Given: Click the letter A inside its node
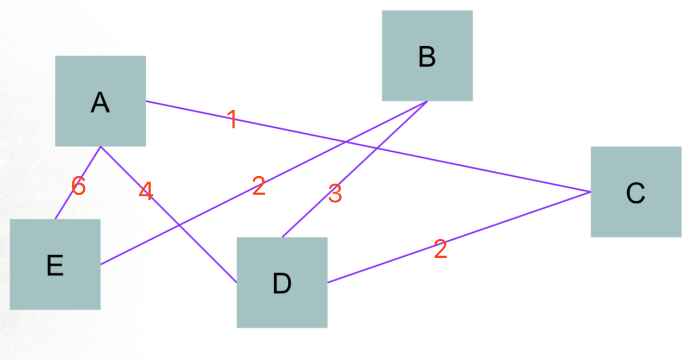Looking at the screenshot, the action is (100, 102).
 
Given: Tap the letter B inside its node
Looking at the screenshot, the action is (427, 57).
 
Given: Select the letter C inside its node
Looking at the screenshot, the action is (635, 193).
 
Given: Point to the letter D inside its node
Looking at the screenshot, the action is (282, 283).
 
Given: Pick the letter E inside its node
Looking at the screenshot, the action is (55, 265).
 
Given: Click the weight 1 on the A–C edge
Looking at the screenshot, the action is (232, 120).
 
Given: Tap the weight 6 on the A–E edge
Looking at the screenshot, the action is (79, 187).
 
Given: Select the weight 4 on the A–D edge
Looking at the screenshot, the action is (146, 191).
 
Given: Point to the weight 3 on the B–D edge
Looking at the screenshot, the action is (335, 194).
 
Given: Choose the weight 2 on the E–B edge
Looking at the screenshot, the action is (258, 187).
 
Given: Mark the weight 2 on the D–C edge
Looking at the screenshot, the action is (440, 250).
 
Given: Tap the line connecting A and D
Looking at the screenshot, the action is (207, 252).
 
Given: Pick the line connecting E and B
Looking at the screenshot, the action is (218, 206).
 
